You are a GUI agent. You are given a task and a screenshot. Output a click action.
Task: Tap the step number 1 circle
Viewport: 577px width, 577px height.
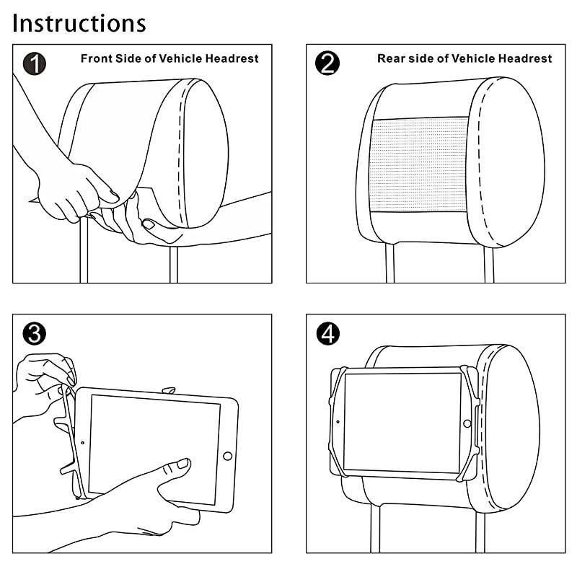[x=34, y=63]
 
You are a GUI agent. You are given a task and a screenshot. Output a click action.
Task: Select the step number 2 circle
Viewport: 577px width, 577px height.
[x=327, y=63]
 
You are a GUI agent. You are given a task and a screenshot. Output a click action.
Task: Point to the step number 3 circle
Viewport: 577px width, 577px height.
[x=34, y=333]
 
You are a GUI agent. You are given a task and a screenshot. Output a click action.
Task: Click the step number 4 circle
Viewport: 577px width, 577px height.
[x=327, y=333]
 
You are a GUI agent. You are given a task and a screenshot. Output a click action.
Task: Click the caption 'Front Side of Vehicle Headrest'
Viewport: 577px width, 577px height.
[x=169, y=58]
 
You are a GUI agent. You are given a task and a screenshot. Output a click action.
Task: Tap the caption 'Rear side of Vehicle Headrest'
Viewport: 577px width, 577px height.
[x=464, y=58]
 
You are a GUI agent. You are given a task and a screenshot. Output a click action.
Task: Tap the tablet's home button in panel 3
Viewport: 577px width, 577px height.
[x=228, y=456]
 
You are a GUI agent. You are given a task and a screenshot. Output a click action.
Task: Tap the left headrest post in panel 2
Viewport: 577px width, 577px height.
[x=390, y=263]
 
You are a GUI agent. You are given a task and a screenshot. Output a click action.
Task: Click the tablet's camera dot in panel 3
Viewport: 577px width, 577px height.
[x=83, y=441]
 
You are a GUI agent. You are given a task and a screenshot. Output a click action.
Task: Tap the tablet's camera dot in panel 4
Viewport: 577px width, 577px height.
[x=337, y=422]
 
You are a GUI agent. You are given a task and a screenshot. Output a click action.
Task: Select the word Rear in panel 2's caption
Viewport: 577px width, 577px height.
[x=390, y=58]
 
